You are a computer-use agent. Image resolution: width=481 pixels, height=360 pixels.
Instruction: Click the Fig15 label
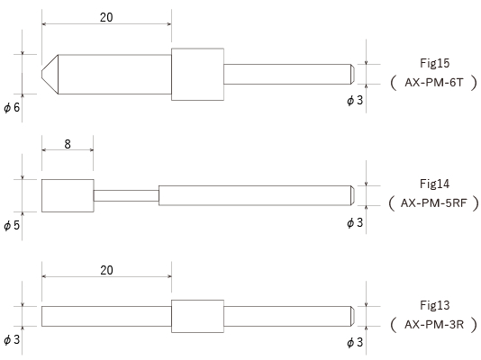[434, 63]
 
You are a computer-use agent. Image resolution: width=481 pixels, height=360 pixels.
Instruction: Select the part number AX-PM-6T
[433, 83]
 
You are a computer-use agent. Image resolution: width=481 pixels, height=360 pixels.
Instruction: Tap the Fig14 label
[434, 184]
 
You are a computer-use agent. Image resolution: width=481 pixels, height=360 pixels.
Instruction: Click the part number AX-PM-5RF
[433, 202]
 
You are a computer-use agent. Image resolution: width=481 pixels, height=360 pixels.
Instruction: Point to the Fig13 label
[434, 305]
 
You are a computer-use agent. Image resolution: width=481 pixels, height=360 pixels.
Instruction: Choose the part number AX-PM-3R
[434, 324]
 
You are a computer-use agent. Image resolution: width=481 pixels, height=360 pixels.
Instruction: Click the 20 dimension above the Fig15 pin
[106, 17]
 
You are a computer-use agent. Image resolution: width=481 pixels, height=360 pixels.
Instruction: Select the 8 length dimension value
[68, 144]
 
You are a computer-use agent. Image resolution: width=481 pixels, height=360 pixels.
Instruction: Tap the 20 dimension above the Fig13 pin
[106, 270]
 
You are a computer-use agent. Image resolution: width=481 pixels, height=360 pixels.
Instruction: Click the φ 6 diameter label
[12, 107]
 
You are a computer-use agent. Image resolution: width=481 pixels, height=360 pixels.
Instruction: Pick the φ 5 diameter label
[12, 225]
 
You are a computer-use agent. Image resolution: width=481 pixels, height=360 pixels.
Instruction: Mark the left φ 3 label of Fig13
[12, 339]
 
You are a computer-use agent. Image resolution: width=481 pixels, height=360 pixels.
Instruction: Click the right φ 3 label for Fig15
[355, 100]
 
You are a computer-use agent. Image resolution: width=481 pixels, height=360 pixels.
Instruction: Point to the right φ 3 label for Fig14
[355, 222]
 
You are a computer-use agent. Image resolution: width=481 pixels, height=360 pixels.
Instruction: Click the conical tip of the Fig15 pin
[50, 74]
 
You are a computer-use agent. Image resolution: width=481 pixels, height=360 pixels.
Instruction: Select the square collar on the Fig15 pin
[197, 74]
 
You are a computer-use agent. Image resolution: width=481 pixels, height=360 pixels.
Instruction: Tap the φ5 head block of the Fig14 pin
[68, 195]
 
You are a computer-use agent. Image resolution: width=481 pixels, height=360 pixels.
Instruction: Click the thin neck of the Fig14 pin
[126, 195]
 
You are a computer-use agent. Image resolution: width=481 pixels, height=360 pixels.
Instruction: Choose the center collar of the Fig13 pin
[197, 316]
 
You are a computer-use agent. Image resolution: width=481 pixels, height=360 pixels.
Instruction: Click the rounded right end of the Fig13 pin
[353, 316]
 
